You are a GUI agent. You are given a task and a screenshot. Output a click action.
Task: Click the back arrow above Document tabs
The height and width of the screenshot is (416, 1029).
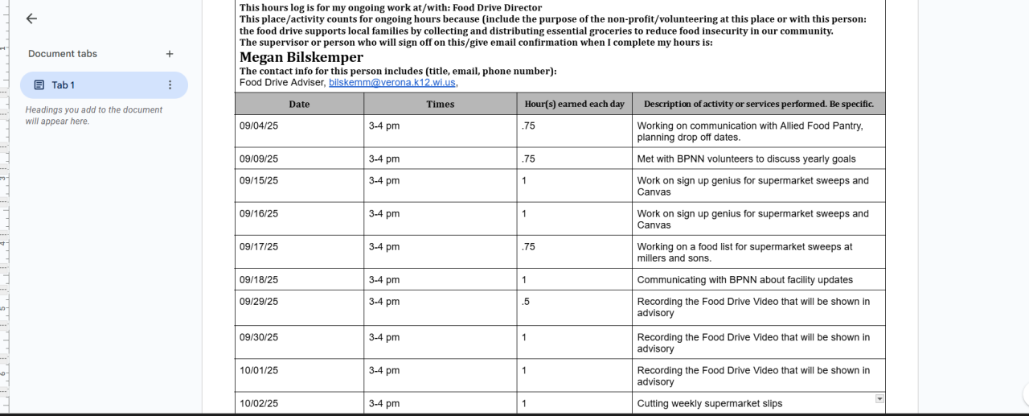pos(31,19)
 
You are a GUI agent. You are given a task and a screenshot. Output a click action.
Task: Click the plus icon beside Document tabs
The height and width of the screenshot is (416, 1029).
pos(170,54)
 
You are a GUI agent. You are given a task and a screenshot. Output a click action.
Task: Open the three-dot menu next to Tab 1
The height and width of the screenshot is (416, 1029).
pos(170,85)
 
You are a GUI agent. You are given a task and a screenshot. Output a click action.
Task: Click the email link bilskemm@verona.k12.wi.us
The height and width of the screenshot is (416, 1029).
pos(392,82)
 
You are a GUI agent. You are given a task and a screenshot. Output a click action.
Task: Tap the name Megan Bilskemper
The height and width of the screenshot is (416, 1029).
pos(301,57)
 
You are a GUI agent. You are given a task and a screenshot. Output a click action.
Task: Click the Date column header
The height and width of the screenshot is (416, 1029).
pos(299,104)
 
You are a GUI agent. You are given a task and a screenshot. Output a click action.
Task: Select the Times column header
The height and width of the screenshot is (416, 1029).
pos(441,104)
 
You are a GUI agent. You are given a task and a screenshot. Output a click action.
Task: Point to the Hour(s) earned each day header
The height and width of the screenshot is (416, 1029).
pos(574,104)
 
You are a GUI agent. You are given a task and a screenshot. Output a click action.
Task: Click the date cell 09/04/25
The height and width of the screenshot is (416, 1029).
pos(259,126)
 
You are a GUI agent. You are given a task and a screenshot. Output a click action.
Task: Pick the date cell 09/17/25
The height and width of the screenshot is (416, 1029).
pos(259,247)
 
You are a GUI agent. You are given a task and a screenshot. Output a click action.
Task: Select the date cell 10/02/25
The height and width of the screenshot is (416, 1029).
pos(259,404)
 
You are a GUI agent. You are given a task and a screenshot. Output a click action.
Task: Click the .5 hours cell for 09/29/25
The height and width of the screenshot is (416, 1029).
pos(526,302)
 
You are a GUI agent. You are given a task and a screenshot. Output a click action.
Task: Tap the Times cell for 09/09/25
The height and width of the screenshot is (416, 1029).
pos(384,159)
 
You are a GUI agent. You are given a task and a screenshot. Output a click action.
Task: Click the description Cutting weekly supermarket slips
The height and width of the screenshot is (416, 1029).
pos(709,404)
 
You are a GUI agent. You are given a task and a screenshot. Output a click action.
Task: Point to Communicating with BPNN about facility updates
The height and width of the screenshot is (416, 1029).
pos(744,280)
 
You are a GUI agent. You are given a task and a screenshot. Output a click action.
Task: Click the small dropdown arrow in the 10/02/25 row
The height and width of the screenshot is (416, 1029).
pos(879,398)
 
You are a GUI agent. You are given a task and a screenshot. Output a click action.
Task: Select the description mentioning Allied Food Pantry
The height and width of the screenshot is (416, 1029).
pos(749,131)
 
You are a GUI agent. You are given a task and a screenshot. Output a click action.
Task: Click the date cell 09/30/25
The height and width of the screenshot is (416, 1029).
pos(259,338)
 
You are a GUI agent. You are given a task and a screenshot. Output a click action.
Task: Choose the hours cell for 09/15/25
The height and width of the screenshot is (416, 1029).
pos(524,181)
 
